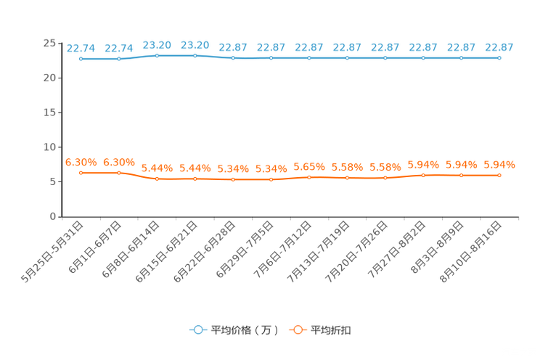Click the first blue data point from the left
(x=81, y=59)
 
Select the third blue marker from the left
(x=157, y=55)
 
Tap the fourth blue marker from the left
(x=195, y=55)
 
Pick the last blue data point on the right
(x=499, y=57)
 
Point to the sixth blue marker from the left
(x=271, y=57)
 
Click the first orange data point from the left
(x=81, y=172)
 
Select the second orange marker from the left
(x=119, y=172)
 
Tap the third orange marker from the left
(x=157, y=178)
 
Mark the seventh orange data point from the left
(x=309, y=176)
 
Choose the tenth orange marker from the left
(x=423, y=175)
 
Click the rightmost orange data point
(x=499, y=175)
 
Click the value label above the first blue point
(x=81, y=48)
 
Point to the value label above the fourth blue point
(x=195, y=44)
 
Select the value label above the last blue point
(x=499, y=47)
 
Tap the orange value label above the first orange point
(x=81, y=161)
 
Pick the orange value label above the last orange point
(x=499, y=164)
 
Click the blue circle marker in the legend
(x=198, y=330)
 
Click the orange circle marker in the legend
(x=297, y=330)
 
